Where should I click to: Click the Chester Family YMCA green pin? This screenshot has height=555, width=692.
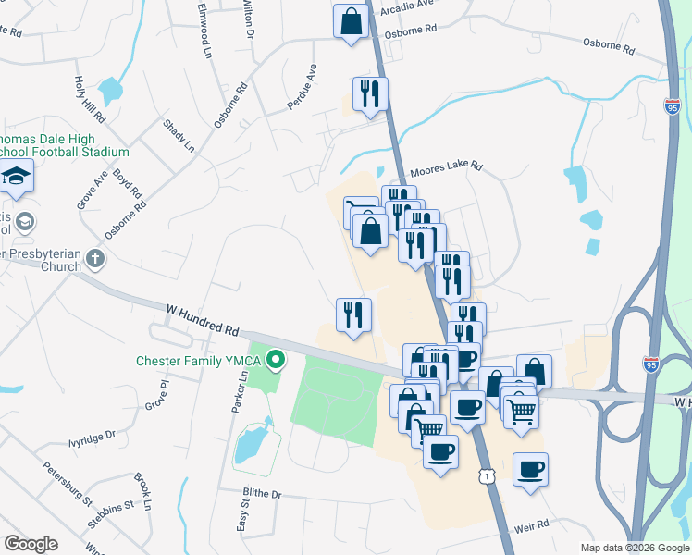[x=276, y=359]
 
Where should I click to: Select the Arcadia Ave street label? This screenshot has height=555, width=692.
[x=411, y=5]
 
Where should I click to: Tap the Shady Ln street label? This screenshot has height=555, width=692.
[x=179, y=135]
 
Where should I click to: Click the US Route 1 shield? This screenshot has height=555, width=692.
[x=487, y=475]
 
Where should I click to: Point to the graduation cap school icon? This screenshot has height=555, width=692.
[x=17, y=176]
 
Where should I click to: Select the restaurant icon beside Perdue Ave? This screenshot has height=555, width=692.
[x=370, y=93]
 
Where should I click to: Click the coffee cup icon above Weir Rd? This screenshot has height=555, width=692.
[x=530, y=469]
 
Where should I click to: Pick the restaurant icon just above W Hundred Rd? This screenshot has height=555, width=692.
[x=352, y=314]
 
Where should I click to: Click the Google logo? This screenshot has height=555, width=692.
[x=31, y=544]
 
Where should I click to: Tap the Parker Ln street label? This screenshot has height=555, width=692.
[x=243, y=392]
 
